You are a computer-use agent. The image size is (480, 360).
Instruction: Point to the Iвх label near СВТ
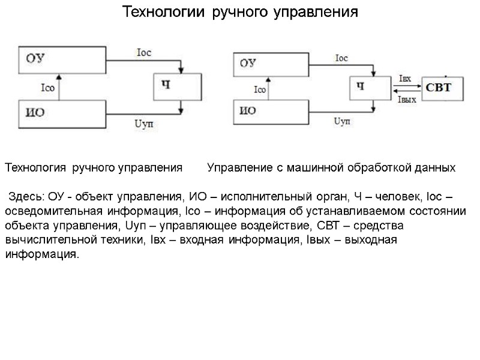pyautogui.click(x=405, y=79)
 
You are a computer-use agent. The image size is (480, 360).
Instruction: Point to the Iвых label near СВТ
pyautogui.click(x=407, y=100)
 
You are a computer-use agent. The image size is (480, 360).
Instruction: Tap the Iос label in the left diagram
pyautogui.click(x=144, y=53)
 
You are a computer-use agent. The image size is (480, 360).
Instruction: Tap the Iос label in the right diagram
pyautogui.click(x=341, y=58)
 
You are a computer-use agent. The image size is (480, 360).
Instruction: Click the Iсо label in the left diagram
pyautogui.click(x=47, y=89)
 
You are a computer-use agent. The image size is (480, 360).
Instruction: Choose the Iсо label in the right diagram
pyautogui.click(x=260, y=90)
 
